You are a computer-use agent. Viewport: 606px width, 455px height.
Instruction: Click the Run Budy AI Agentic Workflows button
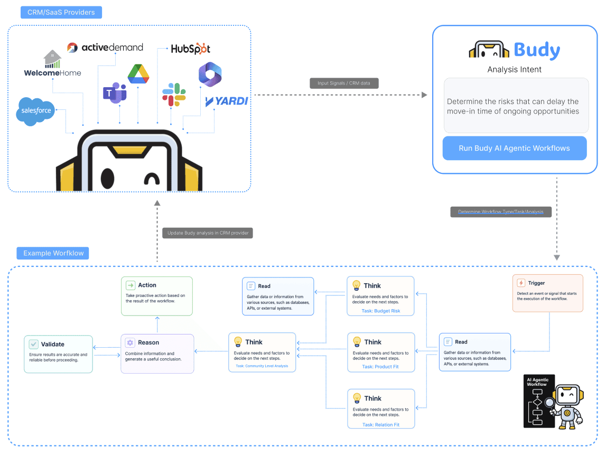coord(515,148)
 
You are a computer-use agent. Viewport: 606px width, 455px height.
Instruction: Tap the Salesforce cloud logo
coord(35,111)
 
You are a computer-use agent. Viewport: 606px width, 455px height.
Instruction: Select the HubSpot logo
coord(191,49)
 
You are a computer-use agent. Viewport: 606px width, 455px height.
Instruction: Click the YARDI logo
coord(227,101)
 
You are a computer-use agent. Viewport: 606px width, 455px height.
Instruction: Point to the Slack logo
coord(174,95)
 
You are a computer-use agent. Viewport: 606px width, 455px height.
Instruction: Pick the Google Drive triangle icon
coord(138,74)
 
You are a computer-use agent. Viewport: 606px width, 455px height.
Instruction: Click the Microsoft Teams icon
coord(115,93)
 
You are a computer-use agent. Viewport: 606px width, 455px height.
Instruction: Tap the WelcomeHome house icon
coord(52,59)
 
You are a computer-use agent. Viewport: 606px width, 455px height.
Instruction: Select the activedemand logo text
coord(112,47)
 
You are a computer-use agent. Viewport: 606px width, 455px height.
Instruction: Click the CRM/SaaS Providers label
coord(61,12)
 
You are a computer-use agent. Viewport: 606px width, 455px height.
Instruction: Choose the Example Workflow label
coord(53,253)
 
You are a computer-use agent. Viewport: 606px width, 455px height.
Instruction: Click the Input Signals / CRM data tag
coord(344,83)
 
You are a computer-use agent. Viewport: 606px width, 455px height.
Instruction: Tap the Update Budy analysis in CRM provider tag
coord(208,233)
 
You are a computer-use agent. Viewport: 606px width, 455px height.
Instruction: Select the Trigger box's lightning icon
coord(521,283)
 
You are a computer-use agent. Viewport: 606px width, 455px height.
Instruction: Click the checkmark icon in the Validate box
coord(34,344)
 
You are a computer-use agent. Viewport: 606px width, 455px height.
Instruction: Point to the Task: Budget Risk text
coord(381,311)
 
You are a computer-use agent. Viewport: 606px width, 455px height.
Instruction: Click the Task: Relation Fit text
coord(381,425)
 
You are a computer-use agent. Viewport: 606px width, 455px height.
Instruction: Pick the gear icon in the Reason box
coord(130,342)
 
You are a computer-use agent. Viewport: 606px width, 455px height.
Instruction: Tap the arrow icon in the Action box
coord(130,285)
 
